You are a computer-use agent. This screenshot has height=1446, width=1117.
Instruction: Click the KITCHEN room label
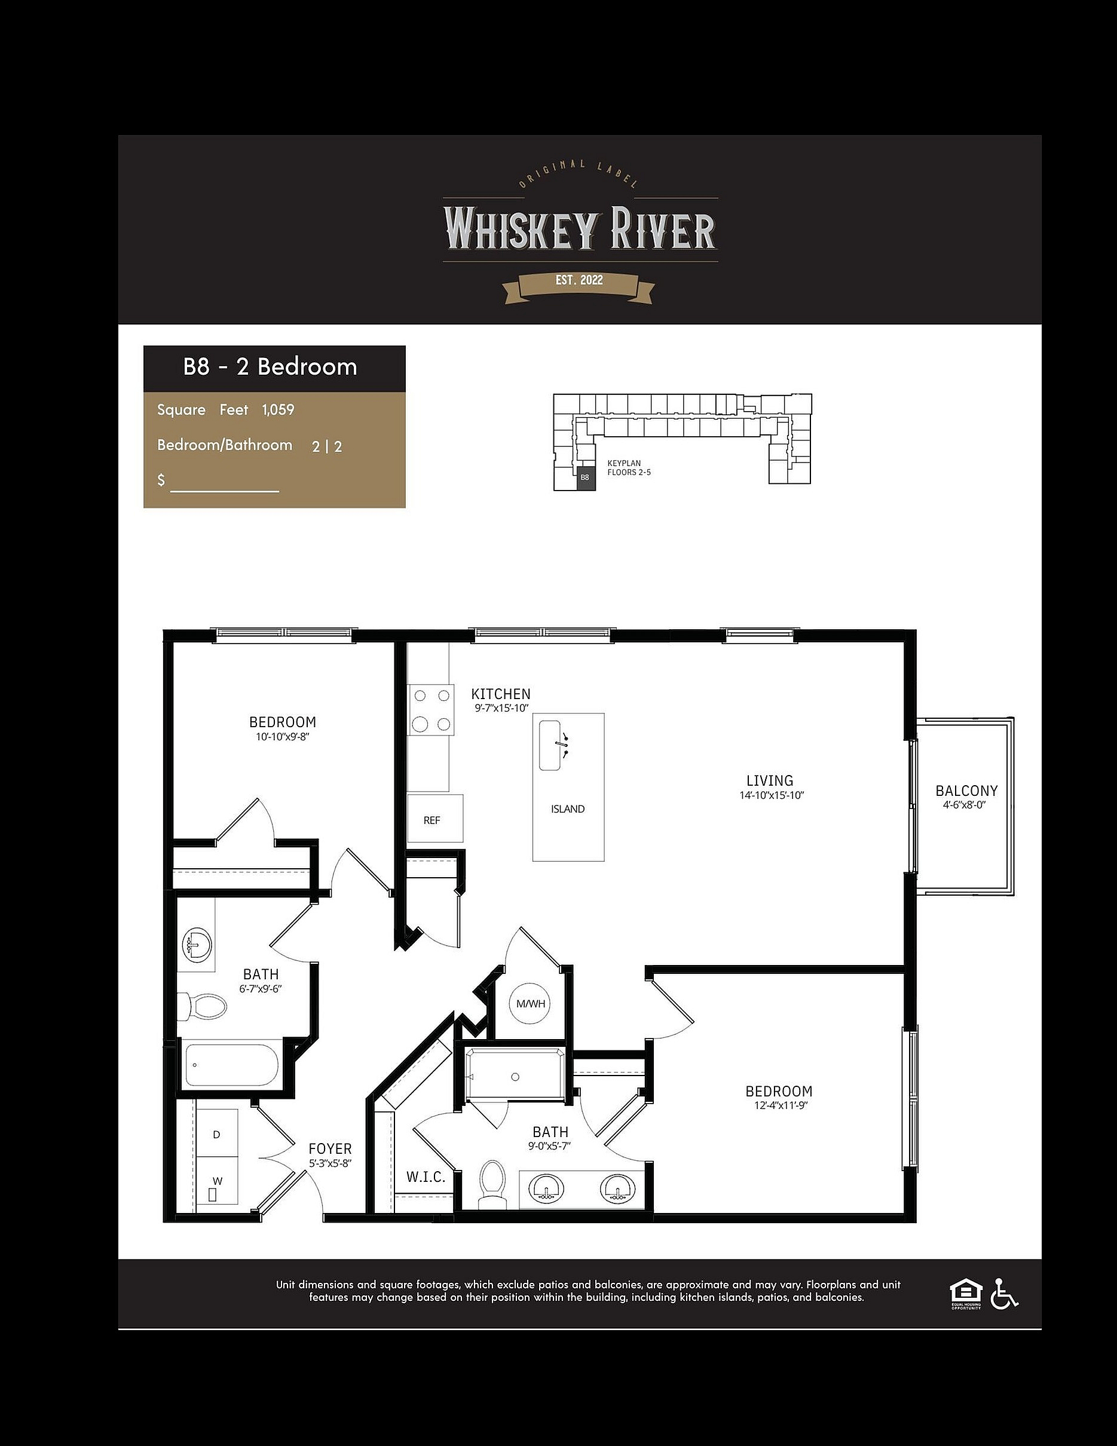click(501, 694)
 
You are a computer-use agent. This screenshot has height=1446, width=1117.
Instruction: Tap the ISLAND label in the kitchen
click(567, 809)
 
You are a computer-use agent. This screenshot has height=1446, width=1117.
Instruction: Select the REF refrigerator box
click(434, 819)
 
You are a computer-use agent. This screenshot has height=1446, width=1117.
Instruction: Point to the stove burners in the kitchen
click(431, 710)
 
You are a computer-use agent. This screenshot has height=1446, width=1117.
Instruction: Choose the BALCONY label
click(966, 791)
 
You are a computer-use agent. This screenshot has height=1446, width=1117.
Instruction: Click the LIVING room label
click(769, 780)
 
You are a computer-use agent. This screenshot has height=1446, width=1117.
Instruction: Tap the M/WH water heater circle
click(530, 1004)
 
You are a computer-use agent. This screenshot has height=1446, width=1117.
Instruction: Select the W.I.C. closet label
click(426, 1177)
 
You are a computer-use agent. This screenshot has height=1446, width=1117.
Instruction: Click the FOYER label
click(330, 1148)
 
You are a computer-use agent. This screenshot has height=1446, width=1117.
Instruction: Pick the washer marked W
click(217, 1181)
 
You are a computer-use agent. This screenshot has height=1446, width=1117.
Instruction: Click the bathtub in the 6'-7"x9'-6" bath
click(231, 1065)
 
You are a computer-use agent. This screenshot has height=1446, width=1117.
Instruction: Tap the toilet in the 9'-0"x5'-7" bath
click(492, 1184)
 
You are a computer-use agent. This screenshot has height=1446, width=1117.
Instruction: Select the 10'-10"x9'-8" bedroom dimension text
click(283, 736)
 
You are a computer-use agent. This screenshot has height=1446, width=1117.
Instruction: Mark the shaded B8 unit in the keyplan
click(585, 477)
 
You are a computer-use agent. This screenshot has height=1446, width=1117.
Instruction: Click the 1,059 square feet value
click(278, 410)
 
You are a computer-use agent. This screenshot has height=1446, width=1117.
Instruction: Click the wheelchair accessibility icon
click(1004, 1293)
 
